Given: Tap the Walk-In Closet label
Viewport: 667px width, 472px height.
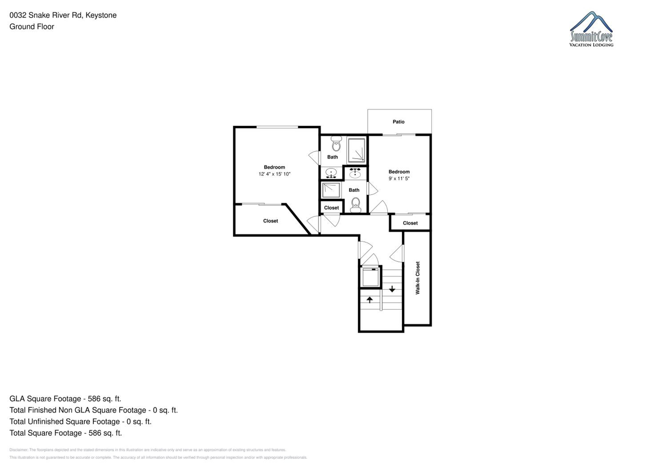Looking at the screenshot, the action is click(418, 278).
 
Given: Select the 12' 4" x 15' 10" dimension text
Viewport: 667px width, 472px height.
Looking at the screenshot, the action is click(275, 174).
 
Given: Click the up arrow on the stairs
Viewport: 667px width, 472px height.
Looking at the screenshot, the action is click(369, 300).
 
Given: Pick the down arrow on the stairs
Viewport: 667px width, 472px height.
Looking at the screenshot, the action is click(392, 289).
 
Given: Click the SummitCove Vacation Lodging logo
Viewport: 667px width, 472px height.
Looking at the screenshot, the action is click(591, 29).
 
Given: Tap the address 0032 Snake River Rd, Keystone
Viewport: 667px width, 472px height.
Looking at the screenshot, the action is click(63, 15).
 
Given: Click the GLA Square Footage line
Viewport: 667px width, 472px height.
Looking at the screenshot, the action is click(65, 399).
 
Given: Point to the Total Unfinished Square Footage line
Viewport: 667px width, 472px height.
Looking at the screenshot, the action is click(80, 422).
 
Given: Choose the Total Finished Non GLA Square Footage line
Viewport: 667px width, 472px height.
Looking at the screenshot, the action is click(94, 410).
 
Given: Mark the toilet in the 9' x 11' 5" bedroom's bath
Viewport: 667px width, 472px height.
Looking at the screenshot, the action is click(356, 205).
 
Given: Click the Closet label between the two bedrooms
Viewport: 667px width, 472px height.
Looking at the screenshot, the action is click(331, 208).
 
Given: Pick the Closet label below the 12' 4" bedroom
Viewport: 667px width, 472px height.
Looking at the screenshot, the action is click(270, 221).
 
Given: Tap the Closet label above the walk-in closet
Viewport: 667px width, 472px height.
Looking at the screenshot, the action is click(410, 223).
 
